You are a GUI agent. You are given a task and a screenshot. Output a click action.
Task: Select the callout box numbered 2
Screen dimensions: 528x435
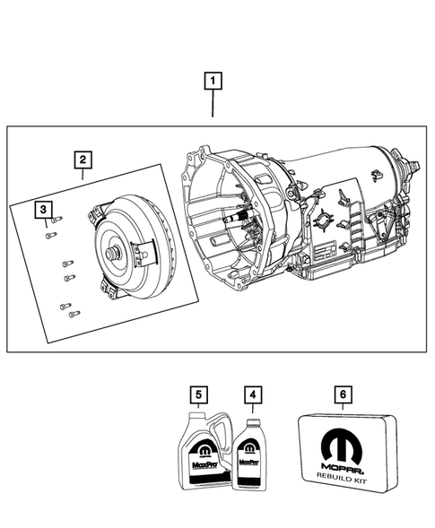(82, 160)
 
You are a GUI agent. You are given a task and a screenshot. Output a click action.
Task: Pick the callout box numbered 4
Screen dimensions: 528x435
(253, 394)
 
